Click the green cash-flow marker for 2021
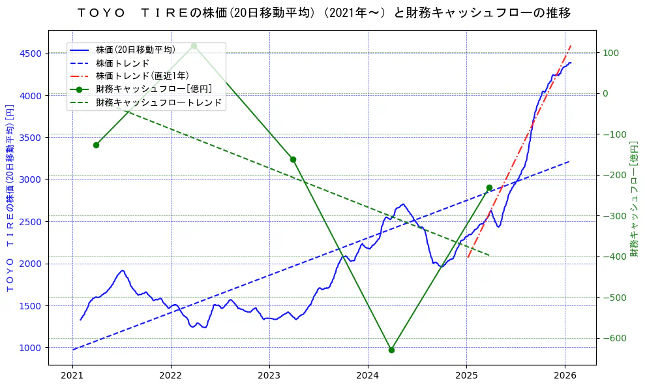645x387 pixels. point(96,145)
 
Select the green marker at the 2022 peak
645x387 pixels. point(194,46)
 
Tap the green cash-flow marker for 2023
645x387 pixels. point(293,159)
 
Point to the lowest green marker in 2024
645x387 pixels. point(391,350)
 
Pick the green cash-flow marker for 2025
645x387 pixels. point(489,188)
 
